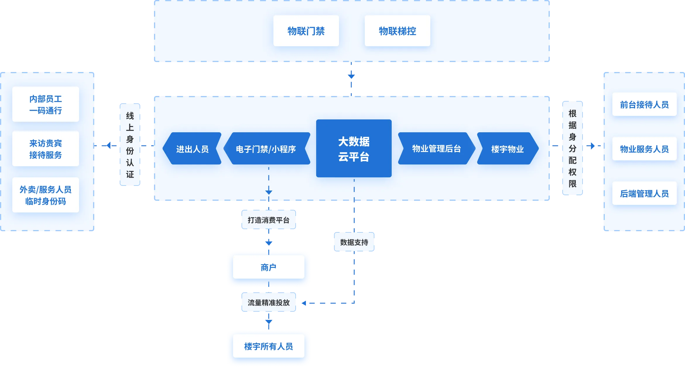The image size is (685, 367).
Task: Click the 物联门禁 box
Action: coord(306,31)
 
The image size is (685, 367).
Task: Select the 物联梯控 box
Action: coord(397,31)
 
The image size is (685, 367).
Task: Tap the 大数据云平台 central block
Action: coord(354,148)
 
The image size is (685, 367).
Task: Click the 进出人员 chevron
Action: coord(192,148)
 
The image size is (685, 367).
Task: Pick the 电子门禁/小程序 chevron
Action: coord(267,148)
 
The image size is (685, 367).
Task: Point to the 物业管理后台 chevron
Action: coord(436,148)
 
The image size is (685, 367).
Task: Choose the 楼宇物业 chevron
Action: coord(508,148)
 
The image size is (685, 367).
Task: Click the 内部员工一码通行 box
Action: coord(46,104)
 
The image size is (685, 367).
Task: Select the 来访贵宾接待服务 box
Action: coord(46,149)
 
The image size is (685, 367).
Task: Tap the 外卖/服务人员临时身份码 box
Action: coord(46,195)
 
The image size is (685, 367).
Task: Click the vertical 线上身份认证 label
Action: coord(130,145)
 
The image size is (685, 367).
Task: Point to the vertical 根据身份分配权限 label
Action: coord(573,148)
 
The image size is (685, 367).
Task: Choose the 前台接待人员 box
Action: coord(644,104)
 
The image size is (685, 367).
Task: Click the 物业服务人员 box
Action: coord(644,149)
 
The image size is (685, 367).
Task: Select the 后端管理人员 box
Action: coord(644,193)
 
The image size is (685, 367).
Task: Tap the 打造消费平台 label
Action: coord(269,219)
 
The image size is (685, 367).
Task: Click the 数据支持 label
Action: coord(354,242)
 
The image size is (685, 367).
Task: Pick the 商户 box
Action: coord(269,267)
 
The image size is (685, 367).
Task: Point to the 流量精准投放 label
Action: coord(269,302)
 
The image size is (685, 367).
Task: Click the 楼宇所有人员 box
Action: coord(269,346)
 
